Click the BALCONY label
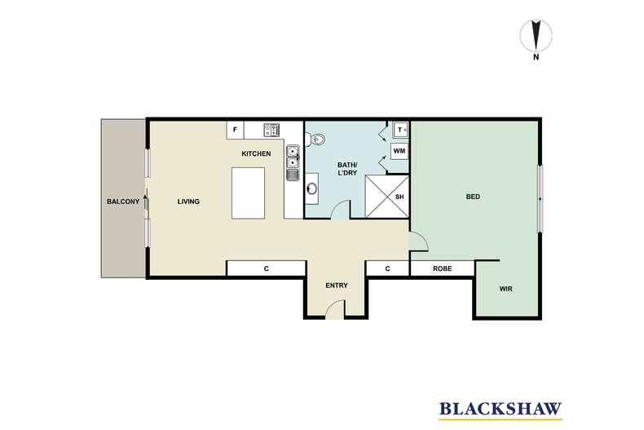[x=123, y=202]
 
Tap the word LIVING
[x=188, y=202]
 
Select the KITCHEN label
[x=256, y=153]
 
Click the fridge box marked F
[x=236, y=130]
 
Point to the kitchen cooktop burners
[x=272, y=131]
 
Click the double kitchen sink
[x=293, y=157]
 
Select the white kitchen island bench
[x=248, y=193]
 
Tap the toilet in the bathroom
[x=315, y=139]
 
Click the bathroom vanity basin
[x=312, y=188]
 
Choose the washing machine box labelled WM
[x=399, y=151]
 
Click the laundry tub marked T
[x=400, y=130]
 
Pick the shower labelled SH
[x=387, y=197]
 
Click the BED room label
[x=473, y=197]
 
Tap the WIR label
[x=506, y=289]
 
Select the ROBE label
[x=443, y=269]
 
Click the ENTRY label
[x=337, y=286]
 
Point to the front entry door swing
[x=335, y=308]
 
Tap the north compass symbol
[x=536, y=38]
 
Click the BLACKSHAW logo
[x=501, y=410]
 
